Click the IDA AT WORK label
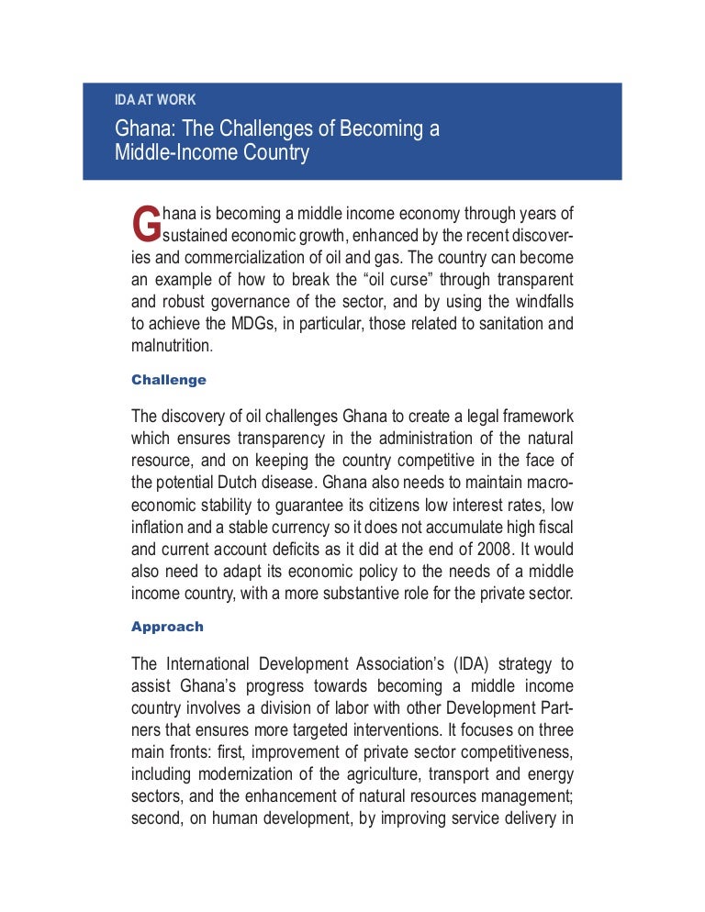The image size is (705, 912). click(x=154, y=99)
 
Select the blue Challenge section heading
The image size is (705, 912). click(x=169, y=379)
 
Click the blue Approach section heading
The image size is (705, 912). click(x=167, y=627)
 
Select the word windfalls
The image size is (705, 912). click(x=536, y=302)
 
